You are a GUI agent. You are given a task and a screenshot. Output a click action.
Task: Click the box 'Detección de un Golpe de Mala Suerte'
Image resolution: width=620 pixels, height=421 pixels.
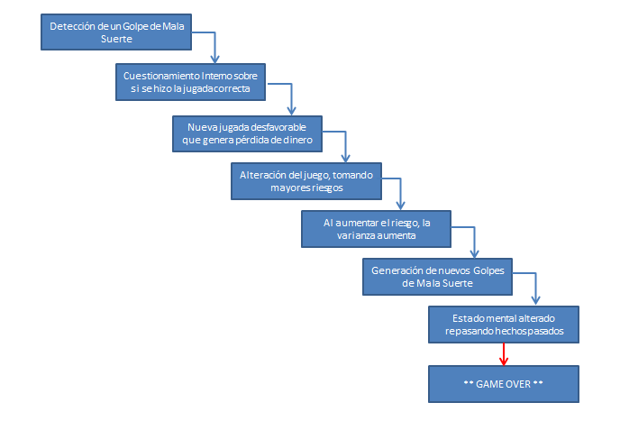coord(116,32)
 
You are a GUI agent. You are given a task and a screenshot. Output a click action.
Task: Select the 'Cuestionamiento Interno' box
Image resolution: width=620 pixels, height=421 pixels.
coord(190,82)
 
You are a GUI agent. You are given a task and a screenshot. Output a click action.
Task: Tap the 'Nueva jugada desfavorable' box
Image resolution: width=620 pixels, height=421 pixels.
coord(248,133)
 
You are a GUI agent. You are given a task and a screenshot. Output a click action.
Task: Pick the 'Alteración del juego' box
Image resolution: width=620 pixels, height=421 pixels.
coord(306,181)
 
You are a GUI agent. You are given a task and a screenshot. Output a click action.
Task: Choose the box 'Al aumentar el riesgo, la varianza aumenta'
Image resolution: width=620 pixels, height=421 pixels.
coord(376,229)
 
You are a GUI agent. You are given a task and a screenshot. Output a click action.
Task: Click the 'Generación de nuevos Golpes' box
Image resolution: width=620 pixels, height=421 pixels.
coord(437,277)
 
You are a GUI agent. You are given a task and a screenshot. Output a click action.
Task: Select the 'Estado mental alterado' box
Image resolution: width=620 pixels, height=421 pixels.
coord(504,325)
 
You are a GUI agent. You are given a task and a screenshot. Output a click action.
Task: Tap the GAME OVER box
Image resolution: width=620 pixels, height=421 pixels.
coord(504,384)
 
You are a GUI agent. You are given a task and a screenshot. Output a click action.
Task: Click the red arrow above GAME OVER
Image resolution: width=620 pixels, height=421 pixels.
coord(504,354)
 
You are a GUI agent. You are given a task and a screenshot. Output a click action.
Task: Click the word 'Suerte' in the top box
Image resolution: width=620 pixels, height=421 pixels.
coord(116,39)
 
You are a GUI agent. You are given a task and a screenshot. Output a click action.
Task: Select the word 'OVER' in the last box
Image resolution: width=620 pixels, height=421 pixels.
coord(517,384)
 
